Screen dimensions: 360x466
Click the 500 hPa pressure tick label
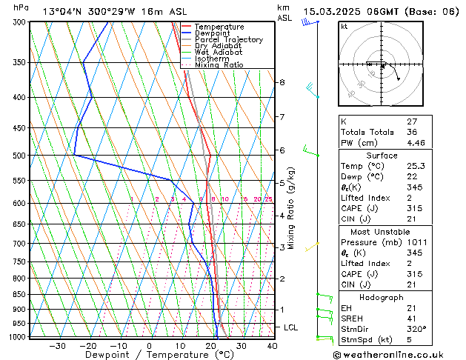[20, 156]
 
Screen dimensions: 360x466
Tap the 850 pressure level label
[20, 295]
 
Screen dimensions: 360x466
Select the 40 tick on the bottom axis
[272, 345]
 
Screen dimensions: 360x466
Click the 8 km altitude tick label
[282, 82]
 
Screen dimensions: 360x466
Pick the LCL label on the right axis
[291, 327]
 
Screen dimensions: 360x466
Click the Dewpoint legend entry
[213, 33]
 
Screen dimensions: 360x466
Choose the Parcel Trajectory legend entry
[228, 40]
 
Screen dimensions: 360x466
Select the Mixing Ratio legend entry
[219, 65]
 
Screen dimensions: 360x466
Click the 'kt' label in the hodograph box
[344, 27]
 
